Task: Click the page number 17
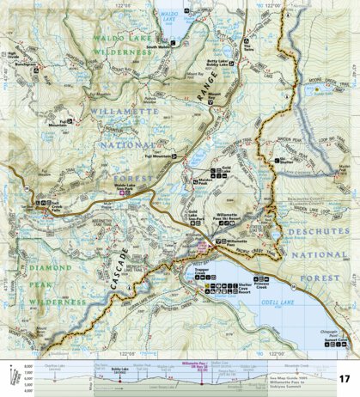click(x=343, y=379)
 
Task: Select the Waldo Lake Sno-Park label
click(x=124, y=188)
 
